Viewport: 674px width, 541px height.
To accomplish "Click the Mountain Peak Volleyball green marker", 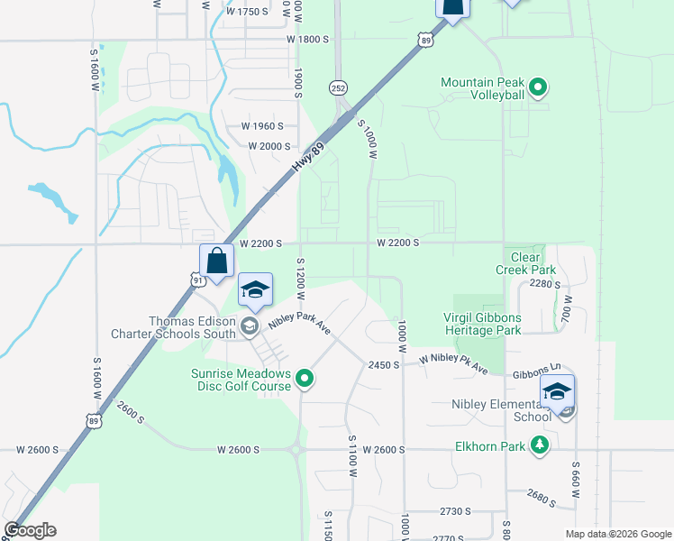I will click(x=538, y=88).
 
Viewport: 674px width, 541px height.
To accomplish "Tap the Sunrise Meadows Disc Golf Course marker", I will click(x=305, y=380).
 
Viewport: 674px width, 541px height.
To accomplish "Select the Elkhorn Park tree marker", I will click(x=540, y=444).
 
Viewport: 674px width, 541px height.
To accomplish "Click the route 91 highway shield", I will click(x=198, y=280).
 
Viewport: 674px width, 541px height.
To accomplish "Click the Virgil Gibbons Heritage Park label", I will click(x=482, y=324).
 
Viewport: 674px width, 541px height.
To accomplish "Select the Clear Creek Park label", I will click(x=526, y=263).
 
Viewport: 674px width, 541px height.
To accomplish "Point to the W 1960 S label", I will click(x=262, y=126).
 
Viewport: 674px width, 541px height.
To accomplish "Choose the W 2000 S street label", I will click(x=269, y=146).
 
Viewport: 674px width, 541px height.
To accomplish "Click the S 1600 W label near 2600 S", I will click(x=96, y=380).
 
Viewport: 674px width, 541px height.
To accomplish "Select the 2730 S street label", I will click(x=455, y=511).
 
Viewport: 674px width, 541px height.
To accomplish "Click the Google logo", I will click(x=30, y=531).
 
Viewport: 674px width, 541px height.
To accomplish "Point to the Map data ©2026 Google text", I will click(x=617, y=534).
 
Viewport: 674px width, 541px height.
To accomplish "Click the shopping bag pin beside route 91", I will click(x=216, y=262).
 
